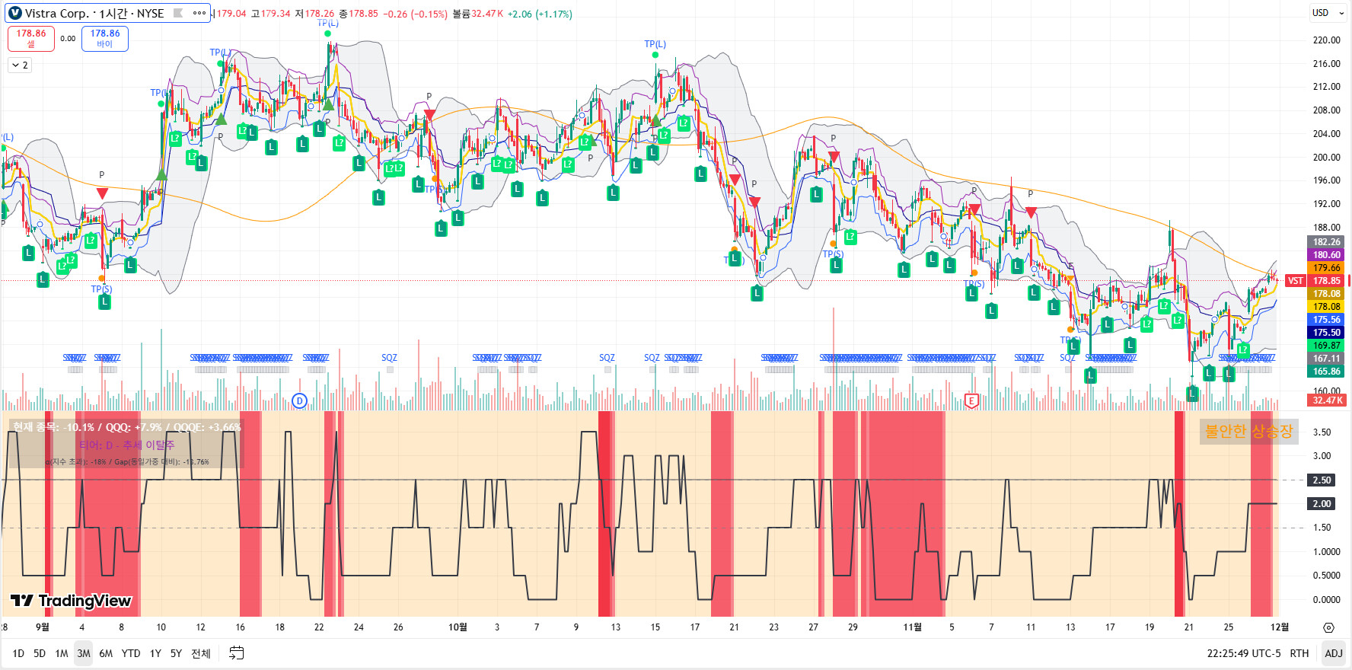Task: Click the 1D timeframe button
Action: tap(18, 653)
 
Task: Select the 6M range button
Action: tap(106, 653)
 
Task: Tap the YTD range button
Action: tap(131, 653)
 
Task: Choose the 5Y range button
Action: tap(176, 653)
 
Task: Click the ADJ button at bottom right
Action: tap(1333, 653)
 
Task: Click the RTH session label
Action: tap(1299, 653)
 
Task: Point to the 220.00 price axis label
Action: tap(1326, 40)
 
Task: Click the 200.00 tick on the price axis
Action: tap(1326, 157)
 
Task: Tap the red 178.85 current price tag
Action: tap(1326, 281)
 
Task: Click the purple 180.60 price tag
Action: tap(1326, 255)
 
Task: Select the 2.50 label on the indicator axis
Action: tap(1322, 480)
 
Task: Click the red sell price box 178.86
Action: tap(31, 38)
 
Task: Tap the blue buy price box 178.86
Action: tap(105, 38)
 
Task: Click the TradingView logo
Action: tap(72, 601)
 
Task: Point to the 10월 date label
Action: tap(458, 627)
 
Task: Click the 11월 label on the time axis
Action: tap(912, 627)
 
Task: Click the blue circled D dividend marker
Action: tap(299, 401)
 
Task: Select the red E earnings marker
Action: tap(971, 401)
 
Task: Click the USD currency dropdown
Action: tap(1325, 13)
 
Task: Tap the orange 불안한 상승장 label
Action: tap(1248, 432)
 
